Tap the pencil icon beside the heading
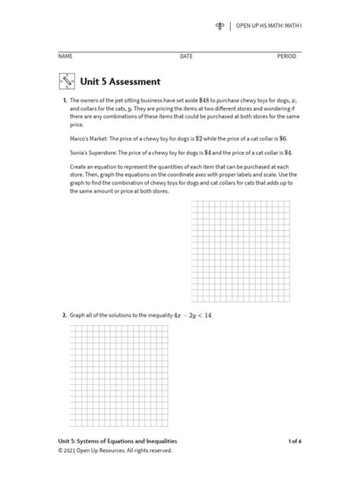click(66, 81)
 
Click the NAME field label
click(65, 57)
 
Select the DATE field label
click(186, 57)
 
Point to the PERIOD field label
click(286, 57)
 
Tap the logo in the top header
click(219, 27)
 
